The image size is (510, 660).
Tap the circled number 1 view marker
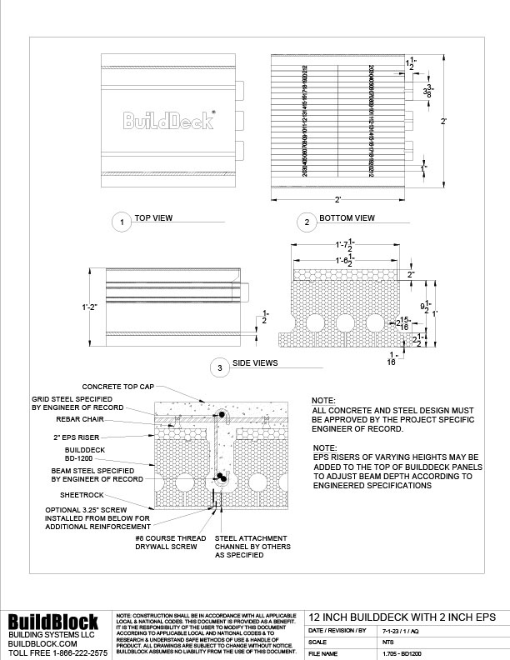pos(122,222)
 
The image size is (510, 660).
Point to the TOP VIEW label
pos(153,219)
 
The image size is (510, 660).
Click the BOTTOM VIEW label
pos(347,219)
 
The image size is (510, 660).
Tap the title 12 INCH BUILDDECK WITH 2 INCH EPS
pos(402,616)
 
